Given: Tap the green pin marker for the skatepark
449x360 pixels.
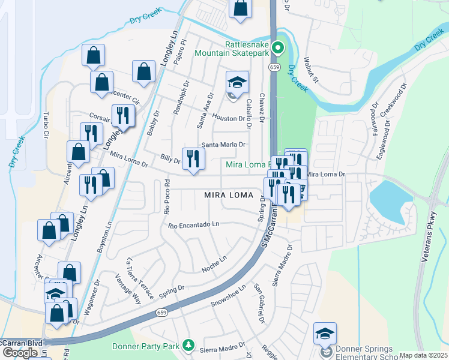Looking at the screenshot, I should pyautogui.click(x=277, y=47).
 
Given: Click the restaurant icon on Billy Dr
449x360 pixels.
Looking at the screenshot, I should pyautogui.click(x=193, y=159).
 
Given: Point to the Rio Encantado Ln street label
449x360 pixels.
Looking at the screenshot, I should pyautogui.click(x=194, y=225).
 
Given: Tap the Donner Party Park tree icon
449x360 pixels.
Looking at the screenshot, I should pyautogui.click(x=188, y=345).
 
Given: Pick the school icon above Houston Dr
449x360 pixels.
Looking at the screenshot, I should pyautogui.click(x=237, y=82).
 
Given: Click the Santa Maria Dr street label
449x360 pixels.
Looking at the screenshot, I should pyautogui.click(x=223, y=145).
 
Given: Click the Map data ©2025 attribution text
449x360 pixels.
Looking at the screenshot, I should pyautogui.click(x=423, y=355).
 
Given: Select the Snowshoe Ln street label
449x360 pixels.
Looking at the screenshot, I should pyautogui.click(x=228, y=296).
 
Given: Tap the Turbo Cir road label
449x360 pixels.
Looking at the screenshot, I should pyautogui.click(x=45, y=124).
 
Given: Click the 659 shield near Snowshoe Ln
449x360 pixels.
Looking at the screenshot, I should pyautogui.click(x=161, y=312).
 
